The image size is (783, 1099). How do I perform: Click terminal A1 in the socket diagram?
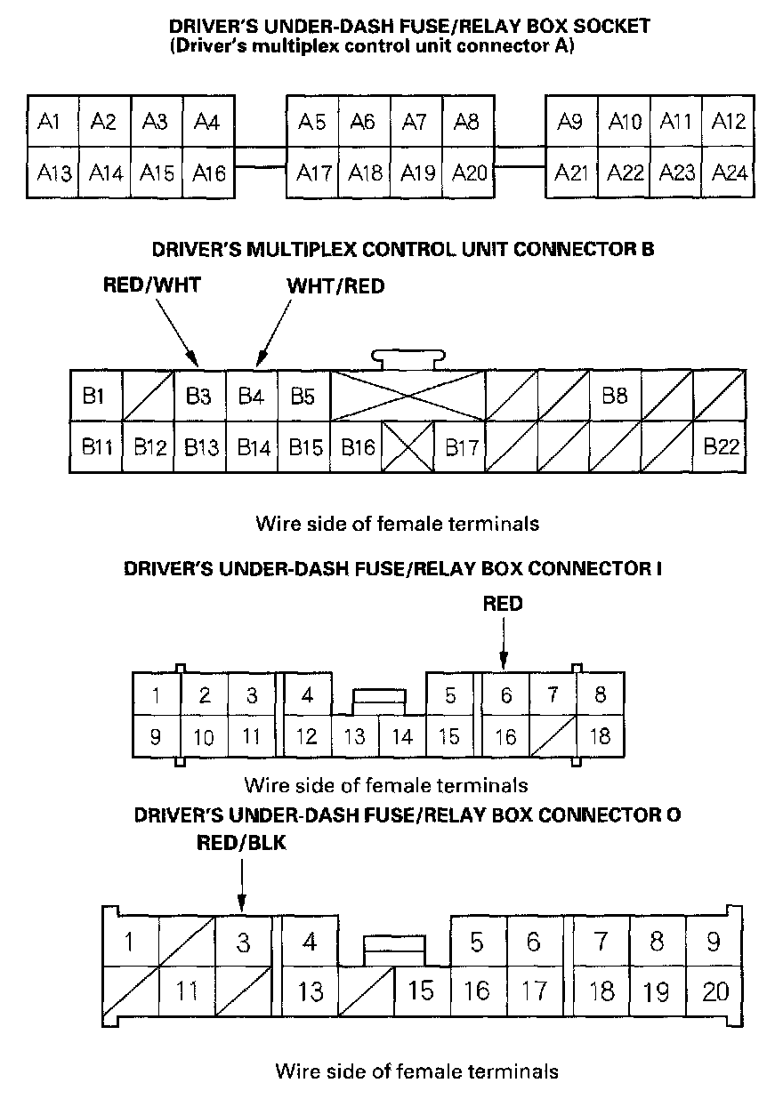pyautogui.click(x=52, y=121)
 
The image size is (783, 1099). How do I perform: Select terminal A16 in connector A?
pyautogui.click(x=209, y=172)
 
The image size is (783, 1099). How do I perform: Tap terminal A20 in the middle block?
pyautogui.click(x=469, y=172)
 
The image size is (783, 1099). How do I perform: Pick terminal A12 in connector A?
pyautogui.click(x=729, y=121)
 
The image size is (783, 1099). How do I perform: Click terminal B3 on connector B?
pyautogui.click(x=199, y=397)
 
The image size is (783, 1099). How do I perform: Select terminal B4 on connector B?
pyautogui.click(x=252, y=397)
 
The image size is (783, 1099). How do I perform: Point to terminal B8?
pyautogui.click(x=615, y=397)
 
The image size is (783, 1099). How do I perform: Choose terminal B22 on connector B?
pyautogui.click(x=721, y=446)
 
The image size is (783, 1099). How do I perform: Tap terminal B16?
pyautogui.click(x=357, y=446)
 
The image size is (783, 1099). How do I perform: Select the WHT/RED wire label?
pyautogui.click(x=323, y=286)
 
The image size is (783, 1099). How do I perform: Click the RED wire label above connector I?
pyautogui.click(x=503, y=604)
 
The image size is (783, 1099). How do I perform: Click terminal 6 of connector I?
pyautogui.click(x=505, y=694)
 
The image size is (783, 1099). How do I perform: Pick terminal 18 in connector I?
pyautogui.click(x=600, y=736)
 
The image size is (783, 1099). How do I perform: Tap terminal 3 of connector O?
pyautogui.click(x=243, y=942)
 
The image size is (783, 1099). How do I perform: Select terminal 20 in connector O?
pyautogui.click(x=715, y=990)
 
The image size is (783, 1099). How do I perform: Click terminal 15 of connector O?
pyautogui.click(x=421, y=990)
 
